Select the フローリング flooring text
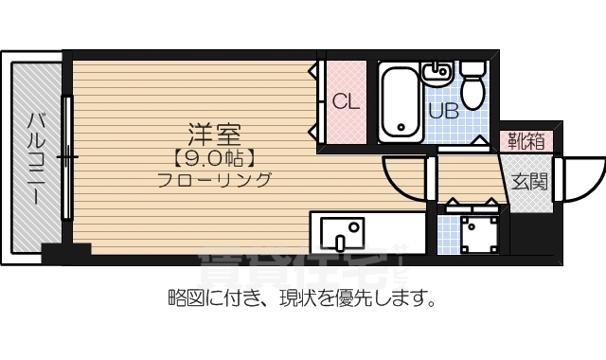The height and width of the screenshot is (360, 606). coord(215,180)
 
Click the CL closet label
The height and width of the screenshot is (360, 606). coord(346,103)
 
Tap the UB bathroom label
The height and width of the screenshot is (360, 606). coord(443,111)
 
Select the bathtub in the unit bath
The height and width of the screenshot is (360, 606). coord(398,102)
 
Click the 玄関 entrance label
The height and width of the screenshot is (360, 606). coord(529,182)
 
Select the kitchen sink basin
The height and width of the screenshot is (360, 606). coord(342,230)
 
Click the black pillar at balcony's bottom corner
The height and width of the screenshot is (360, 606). coord(65,253)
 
